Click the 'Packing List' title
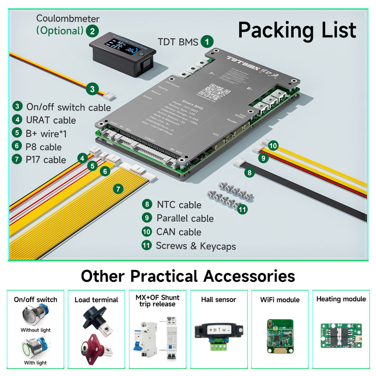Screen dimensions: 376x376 [297, 30]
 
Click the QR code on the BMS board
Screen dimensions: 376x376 [214, 91]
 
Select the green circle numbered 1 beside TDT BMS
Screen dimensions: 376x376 [207, 41]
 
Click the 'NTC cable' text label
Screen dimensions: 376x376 [179, 204]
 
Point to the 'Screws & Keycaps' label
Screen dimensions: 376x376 [196, 246]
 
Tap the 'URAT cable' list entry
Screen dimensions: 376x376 [51, 120]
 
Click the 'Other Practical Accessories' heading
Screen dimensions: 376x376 [188, 276]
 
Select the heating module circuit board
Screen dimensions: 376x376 [341, 334]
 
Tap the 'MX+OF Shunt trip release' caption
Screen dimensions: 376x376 [157, 300]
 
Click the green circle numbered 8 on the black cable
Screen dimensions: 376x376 [249, 172]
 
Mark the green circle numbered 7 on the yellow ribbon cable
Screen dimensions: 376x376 [118, 189]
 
